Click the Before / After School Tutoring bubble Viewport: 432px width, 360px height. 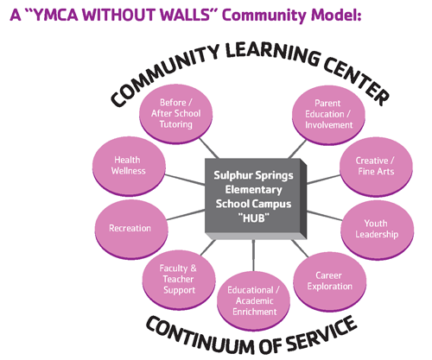click(176, 114)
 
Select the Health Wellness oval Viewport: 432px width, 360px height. click(129, 167)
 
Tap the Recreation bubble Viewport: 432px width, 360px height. click(131, 230)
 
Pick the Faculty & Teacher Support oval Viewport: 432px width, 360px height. click(179, 280)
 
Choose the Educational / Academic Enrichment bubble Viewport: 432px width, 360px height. click(253, 301)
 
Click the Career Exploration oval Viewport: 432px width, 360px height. click(330, 281)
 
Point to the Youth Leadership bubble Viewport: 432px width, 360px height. click(378, 230)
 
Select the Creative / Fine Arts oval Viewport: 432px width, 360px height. click(376, 167)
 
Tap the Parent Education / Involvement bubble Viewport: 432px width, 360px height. click(328, 115)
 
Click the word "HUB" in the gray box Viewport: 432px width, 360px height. click(254, 218)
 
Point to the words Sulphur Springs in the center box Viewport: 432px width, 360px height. click(253, 175)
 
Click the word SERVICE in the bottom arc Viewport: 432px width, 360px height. click(321, 333)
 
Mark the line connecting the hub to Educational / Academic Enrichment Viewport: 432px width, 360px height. click(253, 256)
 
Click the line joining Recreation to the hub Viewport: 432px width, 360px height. click(186, 215)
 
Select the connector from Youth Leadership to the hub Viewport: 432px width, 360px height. click(325, 216)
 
